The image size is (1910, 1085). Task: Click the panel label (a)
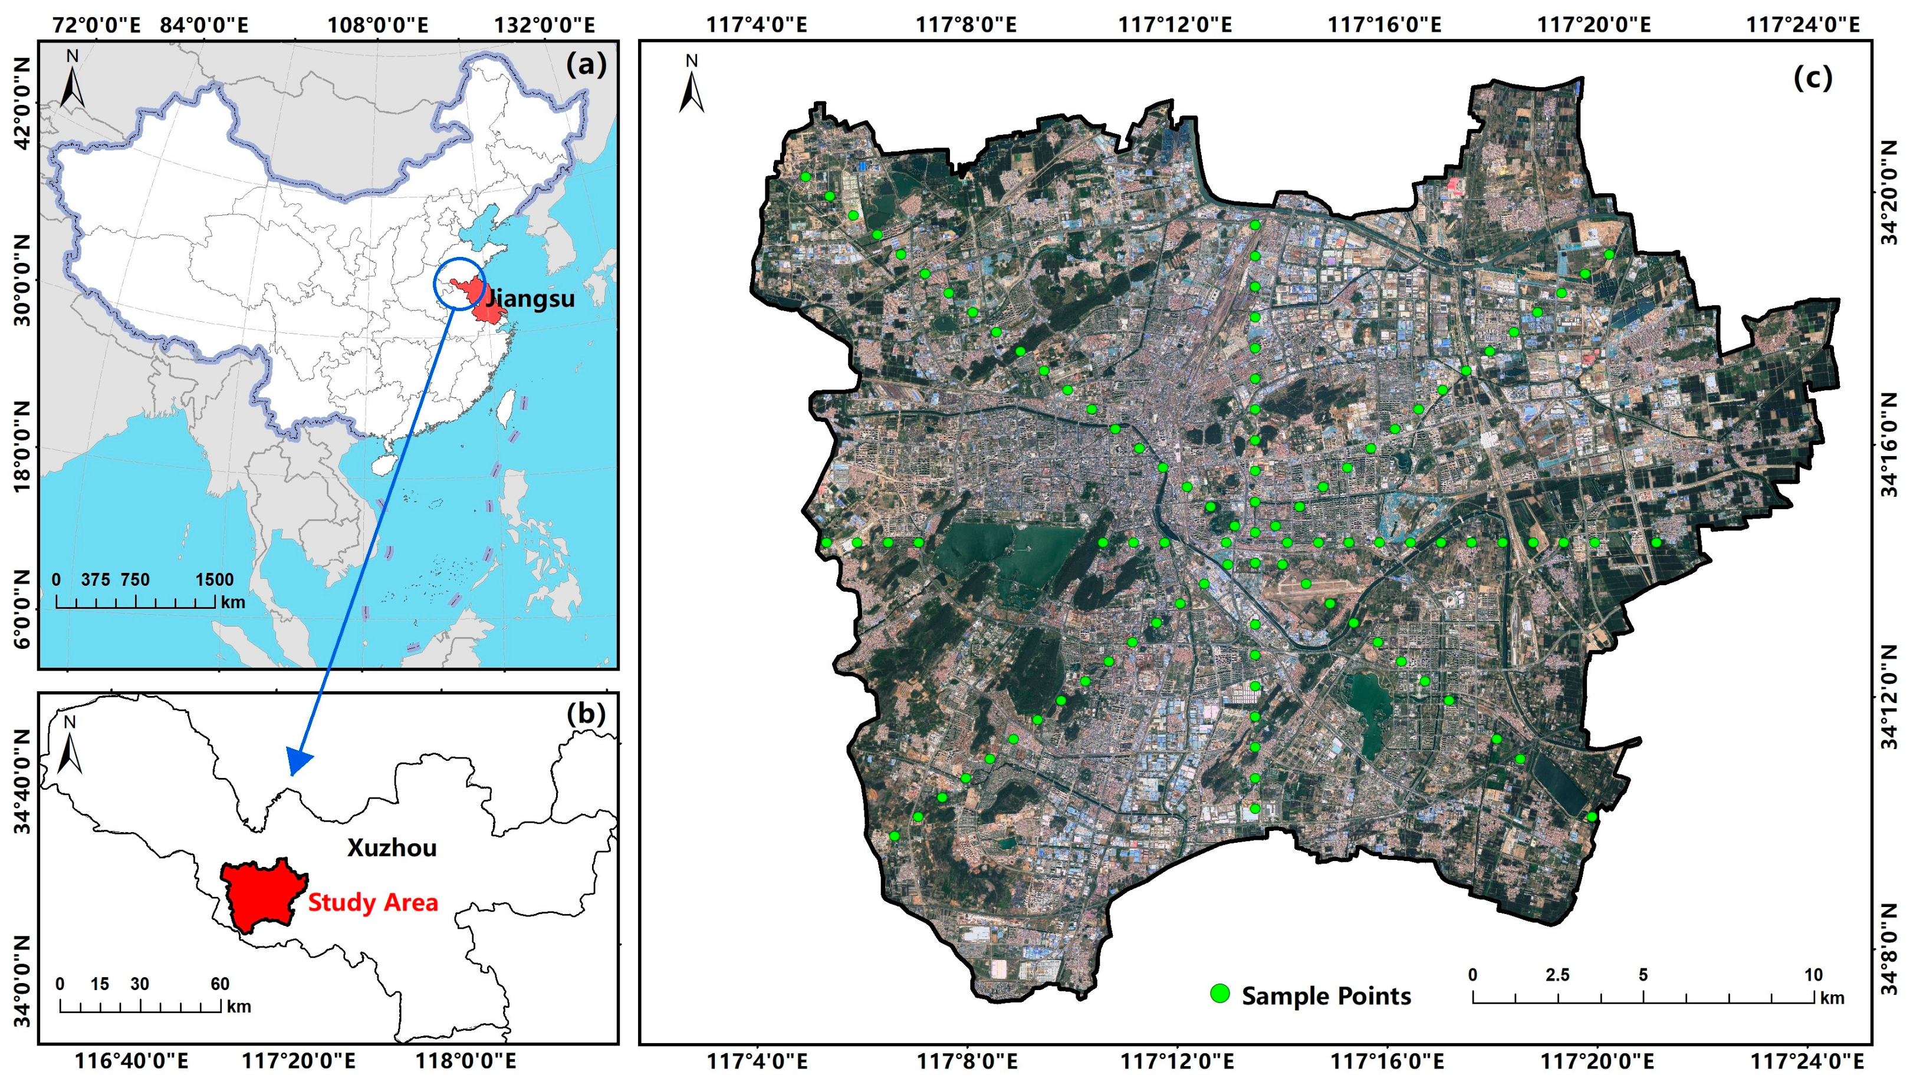click(x=586, y=65)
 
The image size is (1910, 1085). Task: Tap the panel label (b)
click(x=586, y=713)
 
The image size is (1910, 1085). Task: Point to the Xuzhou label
click(x=392, y=847)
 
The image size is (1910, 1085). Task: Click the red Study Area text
click(x=373, y=902)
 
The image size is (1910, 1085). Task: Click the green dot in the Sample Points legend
click(x=1219, y=993)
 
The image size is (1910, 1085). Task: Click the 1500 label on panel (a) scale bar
click(x=215, y=580)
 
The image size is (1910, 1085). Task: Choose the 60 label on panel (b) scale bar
click(x=220, y=984)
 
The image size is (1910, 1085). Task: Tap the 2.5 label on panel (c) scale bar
click(x=1557, y=975)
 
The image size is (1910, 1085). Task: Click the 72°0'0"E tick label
click(x=96, y=25)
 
